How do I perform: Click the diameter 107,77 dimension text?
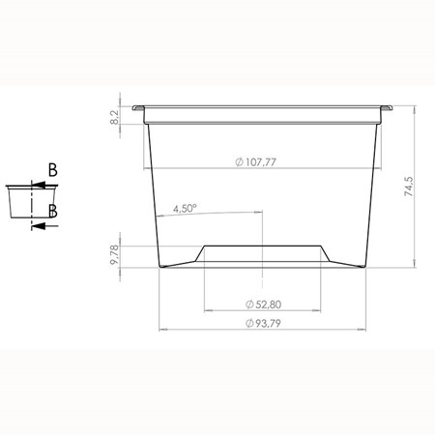[x=256, y=161]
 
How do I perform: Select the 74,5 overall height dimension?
[x=409, y=187]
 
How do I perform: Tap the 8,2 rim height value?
[x=114, y=117]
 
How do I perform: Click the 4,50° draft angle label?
[x=185, y=209]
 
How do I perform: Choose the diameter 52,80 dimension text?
[x=263, y=304]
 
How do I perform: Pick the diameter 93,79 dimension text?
[x=263, y=323]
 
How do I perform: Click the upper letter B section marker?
[x=53, y=170]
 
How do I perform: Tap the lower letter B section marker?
[x=53, y=212]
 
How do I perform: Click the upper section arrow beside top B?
[x=44, y=186]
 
